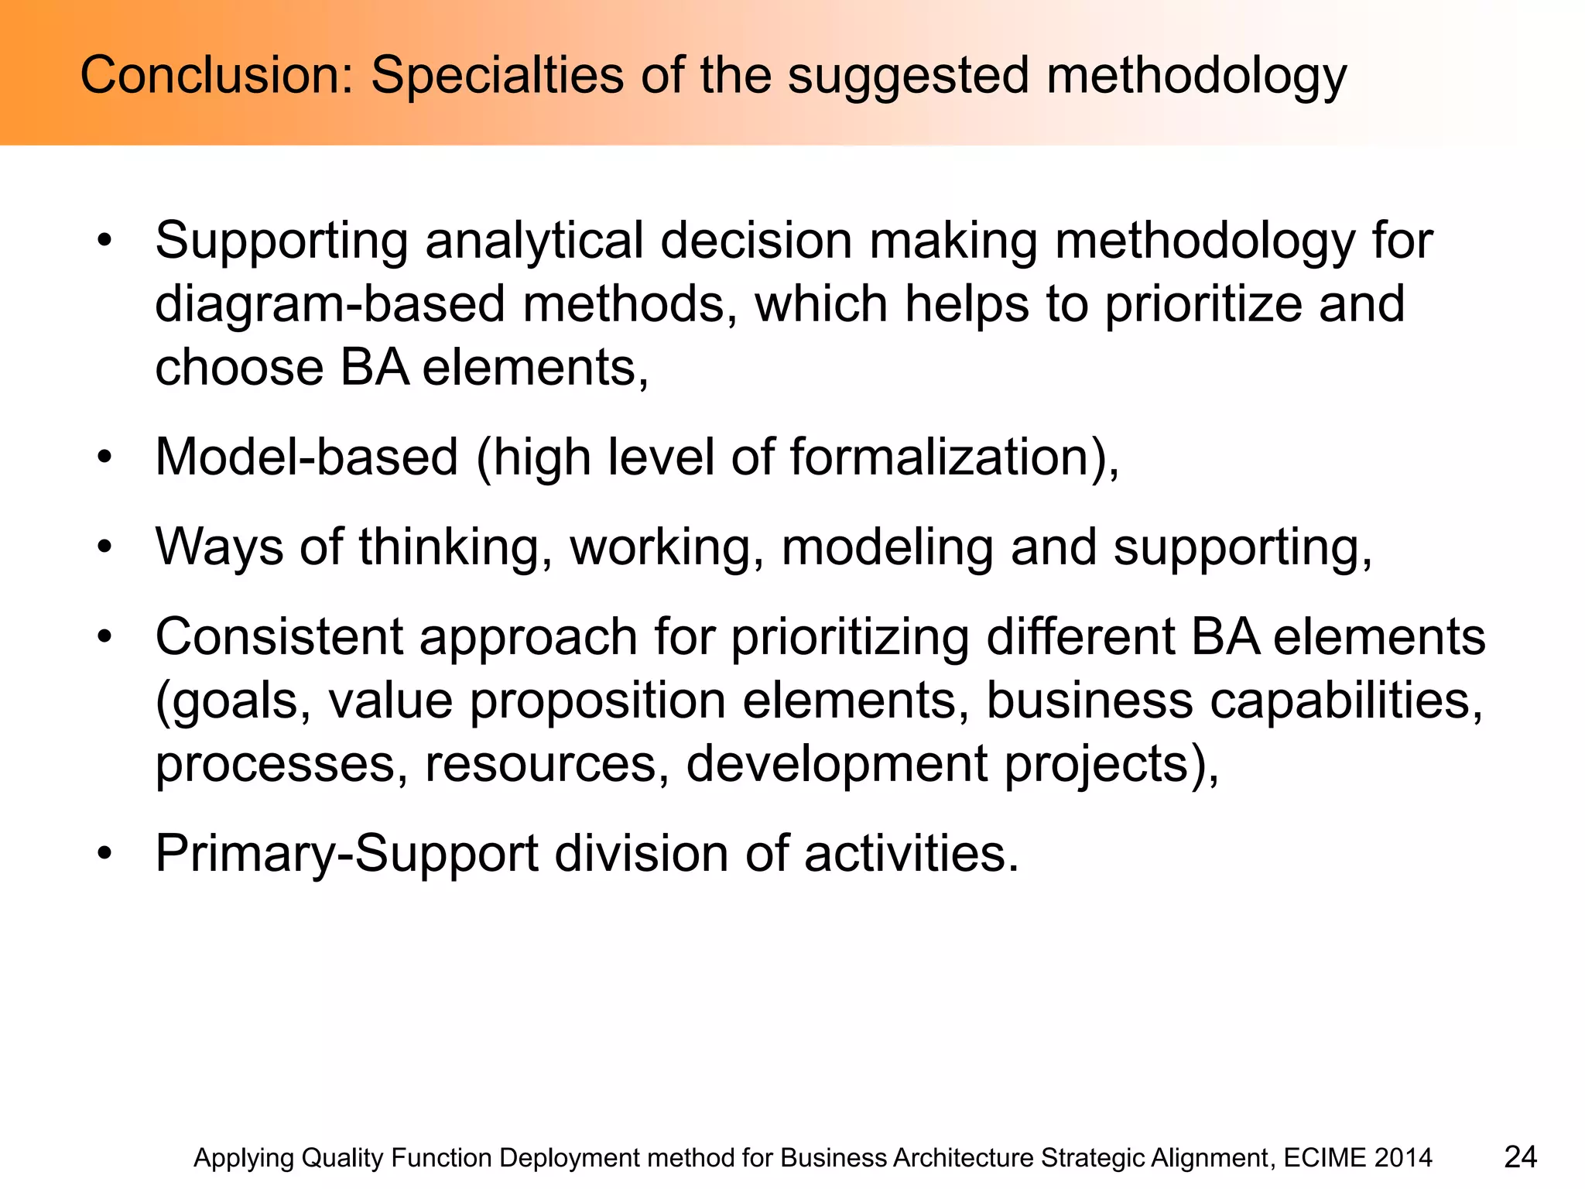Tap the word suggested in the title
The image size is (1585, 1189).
[x=908, y=77]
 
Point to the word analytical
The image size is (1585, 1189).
[x=534, y=241]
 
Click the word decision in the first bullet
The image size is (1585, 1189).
[x=756, y=241]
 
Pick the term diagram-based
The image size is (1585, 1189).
[x=330, y=304]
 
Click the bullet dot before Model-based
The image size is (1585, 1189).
[x=104, y=457]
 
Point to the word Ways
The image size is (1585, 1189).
[x=219, y=547]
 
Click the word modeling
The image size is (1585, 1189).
[x=887, y=547]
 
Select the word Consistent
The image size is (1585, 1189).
[x=279, y=637]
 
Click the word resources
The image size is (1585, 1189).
[x=546, y=763]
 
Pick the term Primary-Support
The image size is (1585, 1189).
[x=347, y=854]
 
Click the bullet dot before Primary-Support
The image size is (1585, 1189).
[x=104, y=854]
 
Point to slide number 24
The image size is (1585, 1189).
[x=1520, y=1157]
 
